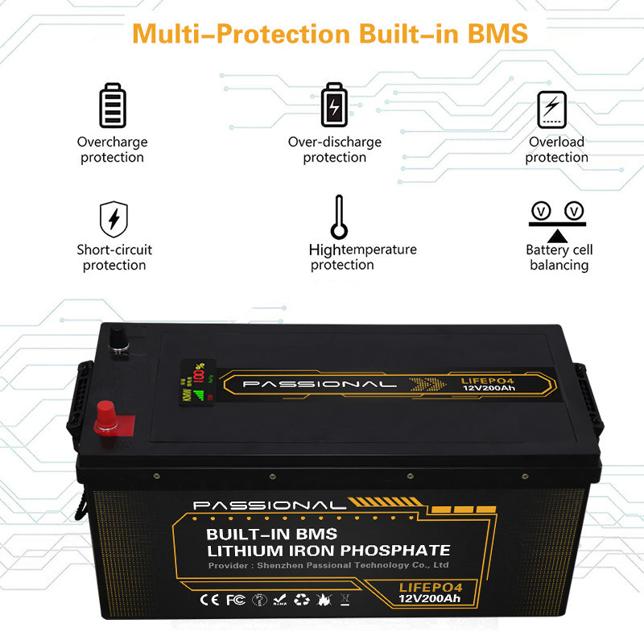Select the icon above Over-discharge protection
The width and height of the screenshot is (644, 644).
coord(334,105)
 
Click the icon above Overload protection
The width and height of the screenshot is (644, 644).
coord(552,109)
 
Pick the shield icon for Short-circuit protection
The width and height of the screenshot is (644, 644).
coord(114,219)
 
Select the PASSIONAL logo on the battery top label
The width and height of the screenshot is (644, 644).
coord(319,385)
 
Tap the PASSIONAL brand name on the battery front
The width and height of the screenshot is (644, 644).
coord(269,506)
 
